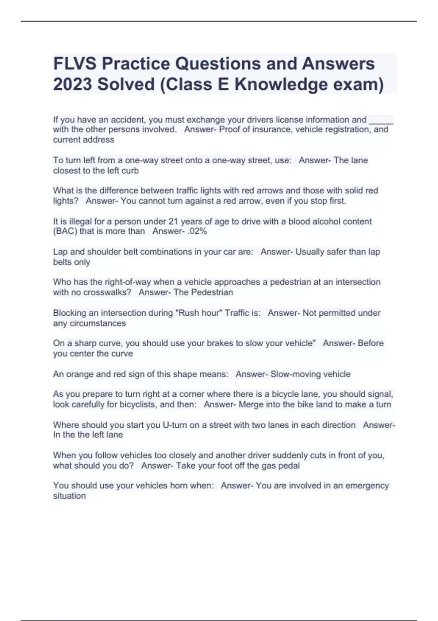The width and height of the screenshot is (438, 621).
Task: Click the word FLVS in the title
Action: click(75, 64)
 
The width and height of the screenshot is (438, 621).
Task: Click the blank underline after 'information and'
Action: click(381, 121)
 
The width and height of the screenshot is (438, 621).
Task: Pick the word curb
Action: click(130, 171)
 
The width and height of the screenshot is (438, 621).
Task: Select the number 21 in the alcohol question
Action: click(173, 221)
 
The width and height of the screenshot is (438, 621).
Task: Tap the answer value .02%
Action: click(196, 231)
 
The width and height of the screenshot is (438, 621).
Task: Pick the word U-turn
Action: click(177, 425)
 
